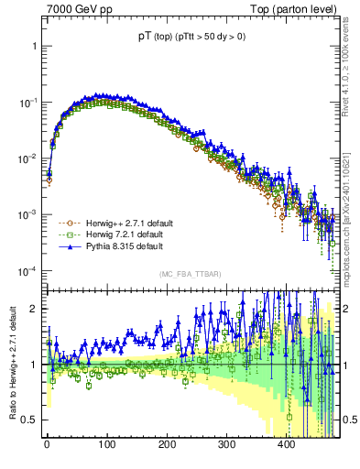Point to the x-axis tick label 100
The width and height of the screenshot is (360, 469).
click(106, 443)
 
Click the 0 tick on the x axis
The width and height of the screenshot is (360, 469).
click(47, 443)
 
